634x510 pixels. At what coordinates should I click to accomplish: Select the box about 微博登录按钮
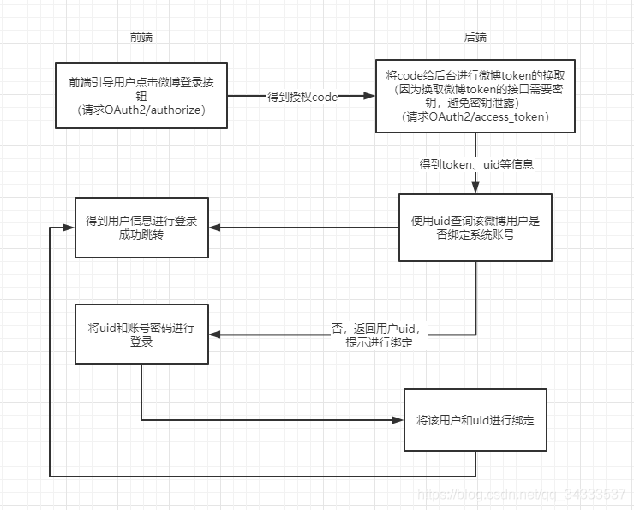(x=141, y=96)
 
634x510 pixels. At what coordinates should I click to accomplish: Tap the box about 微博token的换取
(x=475, y=96)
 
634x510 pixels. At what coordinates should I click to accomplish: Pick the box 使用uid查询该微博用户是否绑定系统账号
(x=475, y=227)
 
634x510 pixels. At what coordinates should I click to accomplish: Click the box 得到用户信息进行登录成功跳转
(x=141, y=227)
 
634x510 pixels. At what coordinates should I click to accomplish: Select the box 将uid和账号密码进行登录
(x=141, y=334)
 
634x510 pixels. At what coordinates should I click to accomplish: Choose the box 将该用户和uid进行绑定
(x=475, y=420)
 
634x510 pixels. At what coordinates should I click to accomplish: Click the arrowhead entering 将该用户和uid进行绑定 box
(x=398, y=420)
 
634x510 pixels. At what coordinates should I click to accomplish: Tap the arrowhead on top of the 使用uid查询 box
(x=475, y=189)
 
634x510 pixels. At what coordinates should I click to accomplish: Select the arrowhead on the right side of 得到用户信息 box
(x=214, y=228)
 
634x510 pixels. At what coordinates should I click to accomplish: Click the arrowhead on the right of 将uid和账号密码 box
(x=214, y=335)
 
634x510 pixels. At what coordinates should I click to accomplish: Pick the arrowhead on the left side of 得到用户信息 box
(x=69, y=228)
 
